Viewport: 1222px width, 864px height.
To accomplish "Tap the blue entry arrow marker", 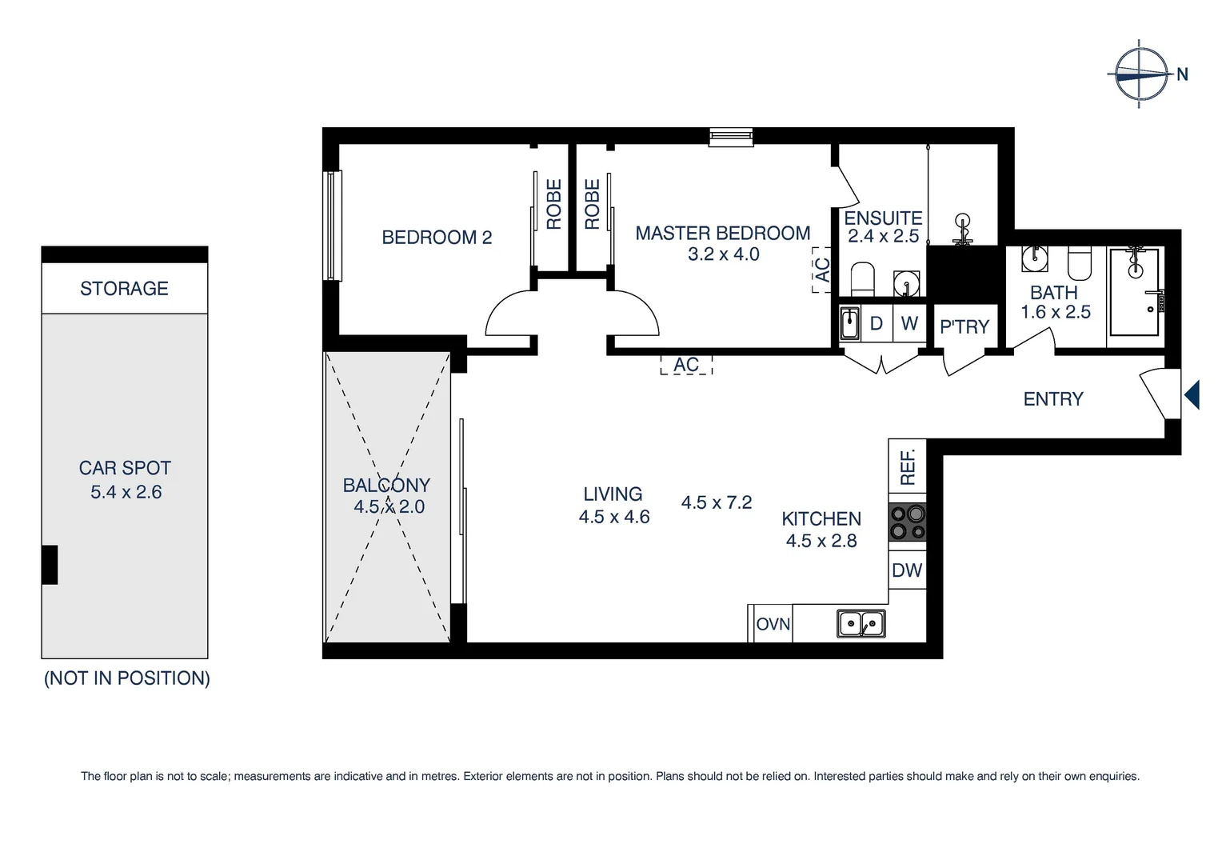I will (1192, 395).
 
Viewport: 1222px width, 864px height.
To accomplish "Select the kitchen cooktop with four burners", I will (908, 522).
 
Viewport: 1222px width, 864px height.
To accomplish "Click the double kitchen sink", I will (861, 623).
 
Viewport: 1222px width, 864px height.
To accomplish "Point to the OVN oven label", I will (773, 624).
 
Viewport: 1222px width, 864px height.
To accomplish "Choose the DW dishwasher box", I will (907, 570).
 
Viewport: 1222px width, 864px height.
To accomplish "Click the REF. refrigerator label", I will (908, 467).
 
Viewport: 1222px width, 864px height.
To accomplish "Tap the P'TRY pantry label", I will (964, 326).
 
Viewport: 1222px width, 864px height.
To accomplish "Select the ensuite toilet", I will (862, 278).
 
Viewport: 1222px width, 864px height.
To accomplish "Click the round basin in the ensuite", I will (906, 282).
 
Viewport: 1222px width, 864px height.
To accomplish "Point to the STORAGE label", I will (124, 289).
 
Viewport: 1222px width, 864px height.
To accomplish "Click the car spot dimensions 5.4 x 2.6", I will (126, 492).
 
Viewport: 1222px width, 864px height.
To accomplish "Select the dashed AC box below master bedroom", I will (686, 365).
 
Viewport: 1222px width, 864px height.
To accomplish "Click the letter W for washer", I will (909, 323).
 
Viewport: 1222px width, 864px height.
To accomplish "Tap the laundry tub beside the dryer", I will (849, 323).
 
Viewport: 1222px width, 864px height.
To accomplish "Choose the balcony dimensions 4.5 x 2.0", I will (389, 506).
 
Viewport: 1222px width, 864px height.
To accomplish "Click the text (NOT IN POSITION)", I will (126, 678).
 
